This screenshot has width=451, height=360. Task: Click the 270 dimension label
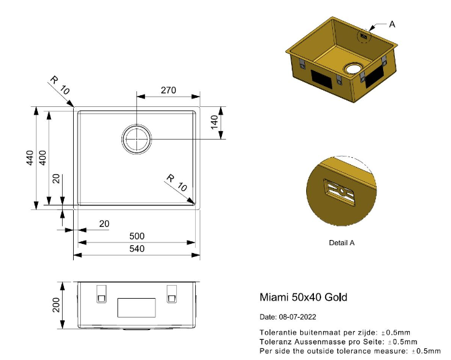pyautogui.click(x=168, y=90)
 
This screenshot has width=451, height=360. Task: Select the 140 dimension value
pyautogui.click(x=214, y=123)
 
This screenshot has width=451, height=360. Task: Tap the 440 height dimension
pyautogui.click(x=30, y=158)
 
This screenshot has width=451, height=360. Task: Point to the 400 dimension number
pyautogui.click(x=42, y=158)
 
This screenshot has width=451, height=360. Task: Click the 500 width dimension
pyautogui.click(x=136, y=236)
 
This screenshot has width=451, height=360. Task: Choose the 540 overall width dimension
pyautogui.click(x=136, y=248)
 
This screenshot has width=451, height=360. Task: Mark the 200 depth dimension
pyautogui.click(x=56, y=305)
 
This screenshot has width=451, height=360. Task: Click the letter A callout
pyautogui.click(x=392, y=24)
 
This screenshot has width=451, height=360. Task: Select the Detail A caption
pyautogui.click(x=342, y=243)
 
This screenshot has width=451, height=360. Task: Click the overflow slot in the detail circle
pyautogui.click(x=339, y=192)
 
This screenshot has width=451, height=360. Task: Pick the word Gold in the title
pyautogui.click(x=335, y=297)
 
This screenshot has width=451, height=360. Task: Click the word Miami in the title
pyautogui.click(x=274, y=297)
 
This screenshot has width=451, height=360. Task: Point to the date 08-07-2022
pyautogui.click(x=298, y=317)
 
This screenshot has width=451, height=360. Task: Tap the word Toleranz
pyautogui.click(x=275, y=342)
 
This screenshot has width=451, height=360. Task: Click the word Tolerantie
pyautogui.click(x=278, y=333)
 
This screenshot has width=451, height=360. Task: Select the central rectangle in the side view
pyautogui.click(x=136, y=308)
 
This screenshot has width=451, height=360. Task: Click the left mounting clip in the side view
pyautogui.click(x=102, y=294)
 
